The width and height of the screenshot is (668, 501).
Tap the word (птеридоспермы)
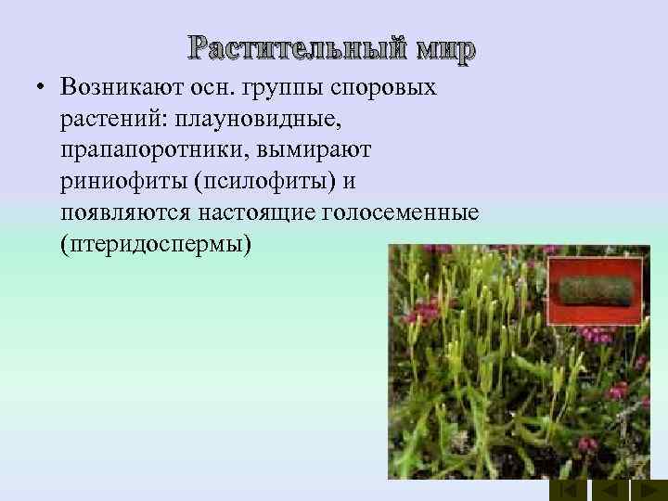[x=154, y=245]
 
